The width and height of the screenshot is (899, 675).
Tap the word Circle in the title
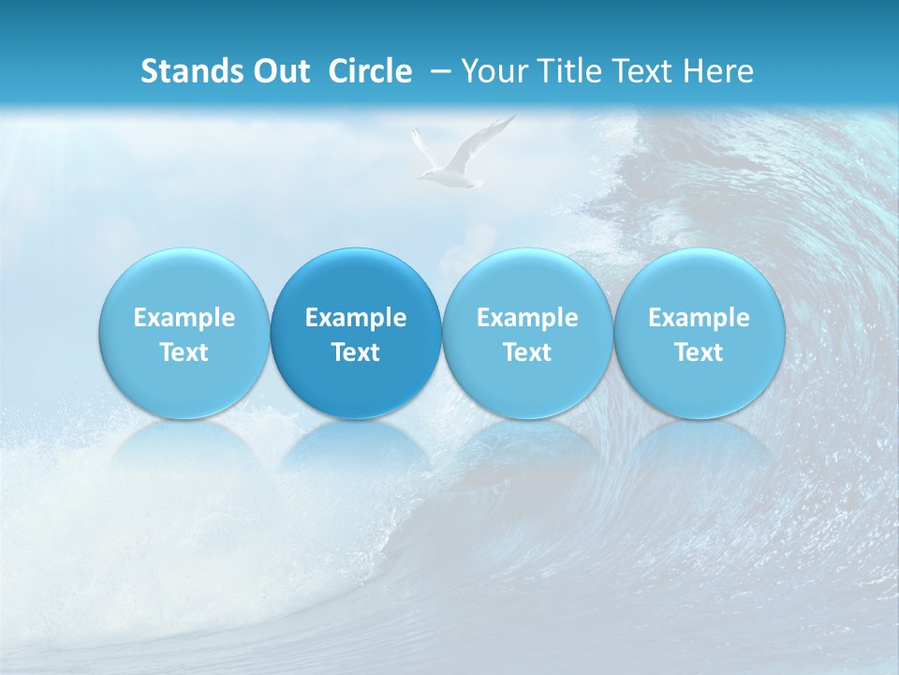click(370, 71)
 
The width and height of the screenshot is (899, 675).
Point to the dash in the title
click(441, 71)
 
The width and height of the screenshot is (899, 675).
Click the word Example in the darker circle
click(356, 318)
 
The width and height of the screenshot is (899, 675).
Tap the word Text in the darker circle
click(356, 352)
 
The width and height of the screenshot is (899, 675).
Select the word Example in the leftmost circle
click(184, 318)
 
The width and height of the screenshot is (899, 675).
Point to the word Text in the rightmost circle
click(700, 352)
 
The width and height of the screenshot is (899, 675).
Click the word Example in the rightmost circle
click(700, 318)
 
